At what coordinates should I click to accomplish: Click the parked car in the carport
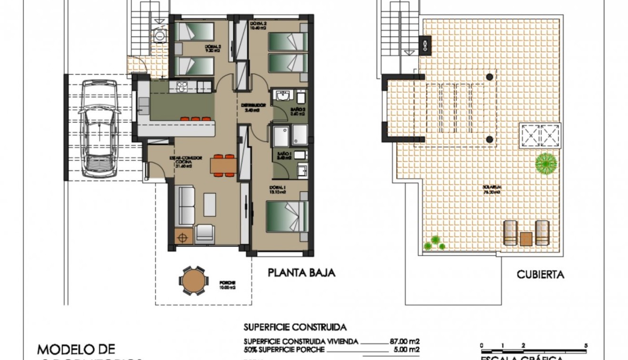[99, 129]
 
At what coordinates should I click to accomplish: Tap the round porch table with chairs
[193, 281]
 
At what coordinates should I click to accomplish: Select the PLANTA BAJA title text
[301, 273]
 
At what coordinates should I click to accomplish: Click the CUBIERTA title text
[540, 275]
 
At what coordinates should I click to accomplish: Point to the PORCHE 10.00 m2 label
[228, 284]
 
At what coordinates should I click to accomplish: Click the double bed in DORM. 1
[287, 217]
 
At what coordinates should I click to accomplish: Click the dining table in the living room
[223, 165]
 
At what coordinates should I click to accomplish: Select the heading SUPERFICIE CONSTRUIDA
[295, 328]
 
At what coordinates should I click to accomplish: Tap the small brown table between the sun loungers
[526, 239]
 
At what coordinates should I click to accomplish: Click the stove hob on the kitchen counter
[182, 87]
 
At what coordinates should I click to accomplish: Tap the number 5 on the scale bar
[586, 346]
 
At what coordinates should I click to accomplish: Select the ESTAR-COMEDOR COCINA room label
[184, 162]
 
